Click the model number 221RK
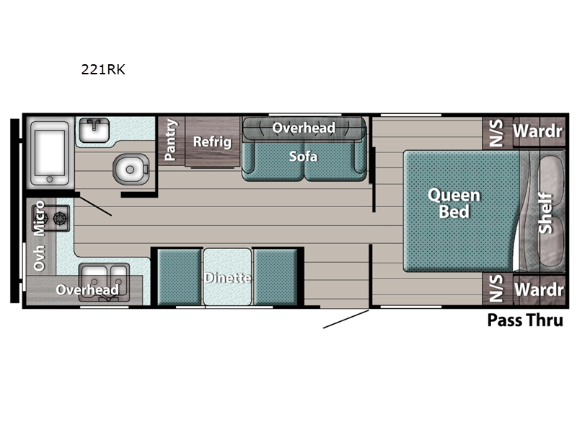point(103,69)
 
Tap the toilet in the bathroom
point(131,169)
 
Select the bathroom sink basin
point(94,130)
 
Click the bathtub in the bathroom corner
point(50,153)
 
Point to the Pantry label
point(171,139)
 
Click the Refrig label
point(212,141)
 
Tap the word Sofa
point(303,157)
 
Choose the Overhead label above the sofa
point(304,128)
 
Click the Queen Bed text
point(454,204)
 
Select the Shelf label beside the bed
point(546,213)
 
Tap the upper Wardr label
point(537,131)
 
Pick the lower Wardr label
point(539,290)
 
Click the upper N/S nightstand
point(496,133)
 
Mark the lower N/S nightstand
point(496,288)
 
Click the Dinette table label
point(228,277)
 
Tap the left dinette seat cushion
point(178,277)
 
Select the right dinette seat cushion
point(276,277)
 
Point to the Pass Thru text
point(525,320)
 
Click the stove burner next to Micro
point(60,219)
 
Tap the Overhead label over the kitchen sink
point(87,290)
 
